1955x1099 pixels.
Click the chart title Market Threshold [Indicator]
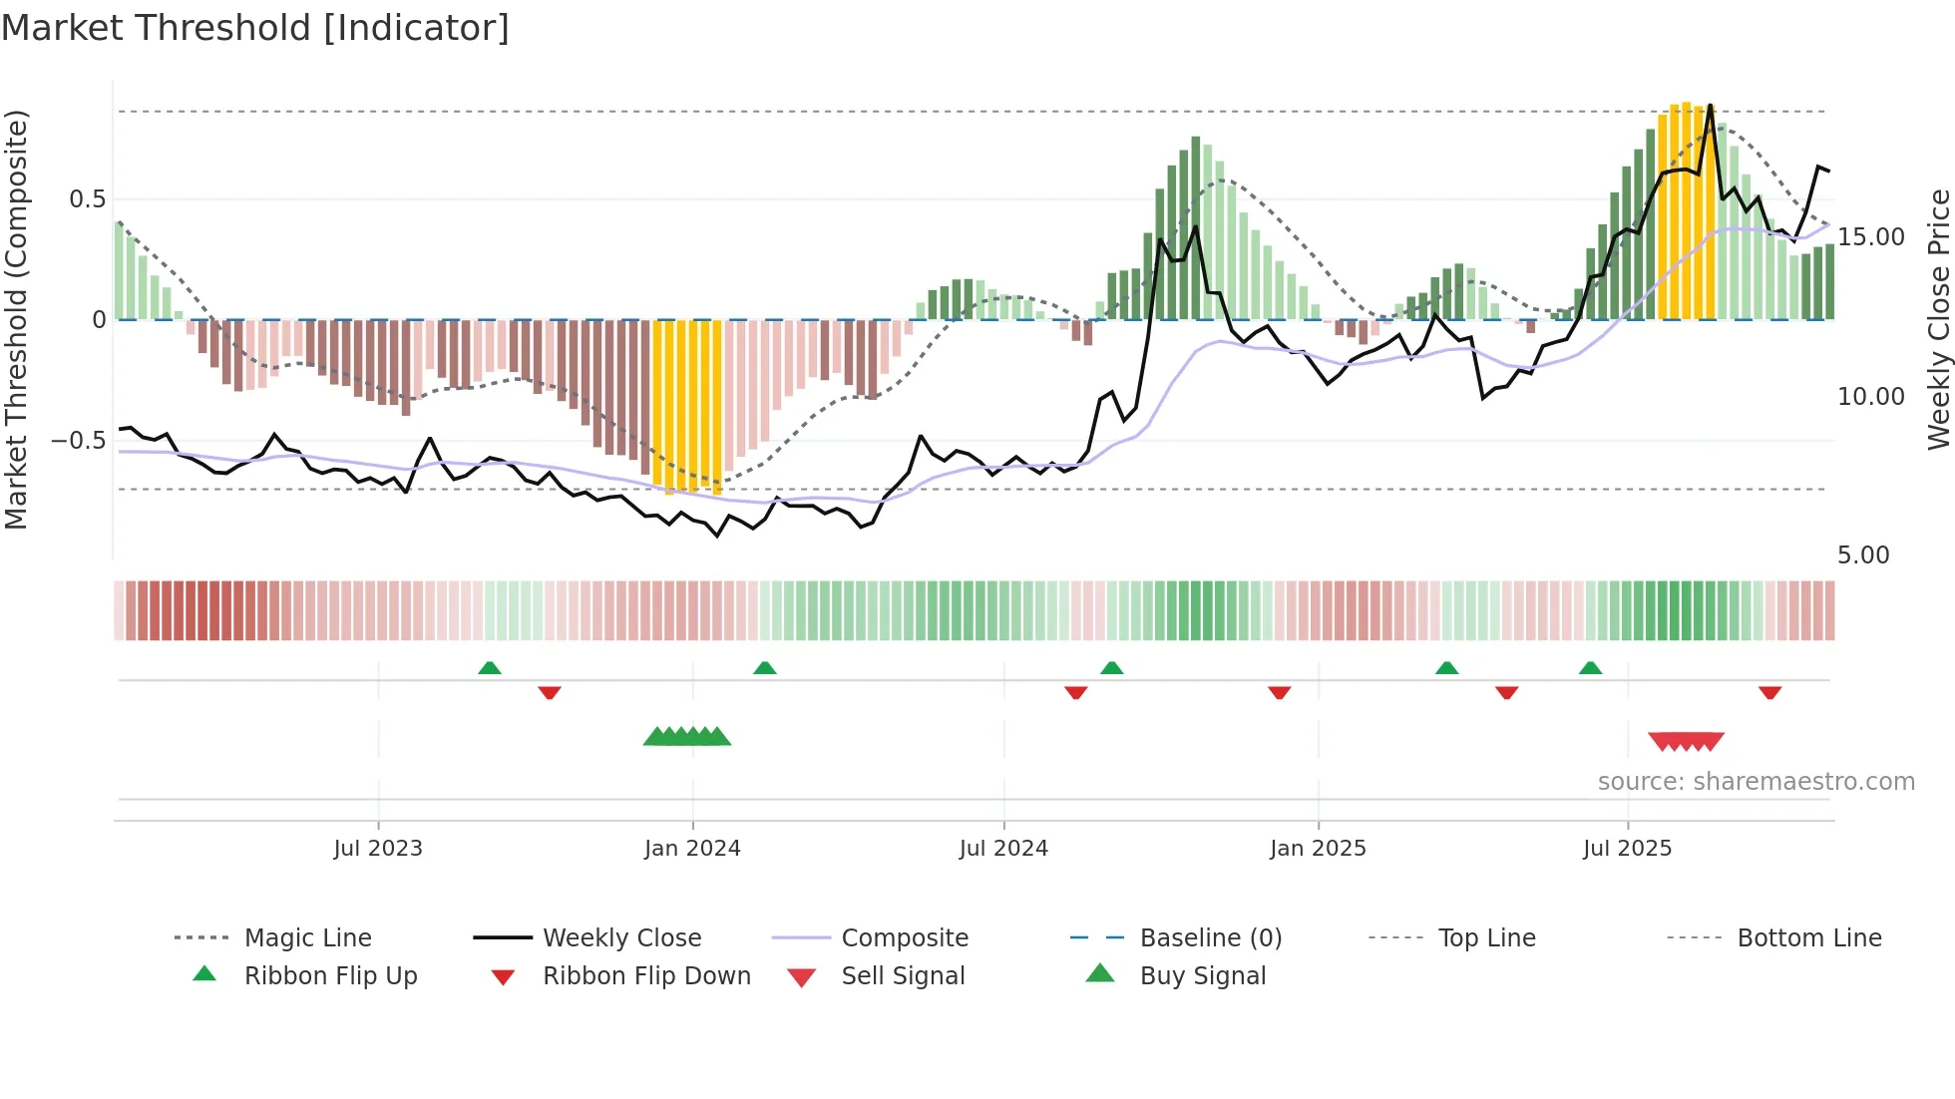tap(255, 28)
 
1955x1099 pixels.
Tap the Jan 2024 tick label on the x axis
tap(692, 849)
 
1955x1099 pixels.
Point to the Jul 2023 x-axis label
tap(378, 849)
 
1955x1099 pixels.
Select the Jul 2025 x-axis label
tap(1627, 849)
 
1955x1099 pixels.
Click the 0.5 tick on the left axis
tap(88, 199)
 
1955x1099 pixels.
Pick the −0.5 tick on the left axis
tap(79, 441)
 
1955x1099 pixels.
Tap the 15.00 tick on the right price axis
tap(1871, 237)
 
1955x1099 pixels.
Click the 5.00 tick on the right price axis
tap(1863, 555)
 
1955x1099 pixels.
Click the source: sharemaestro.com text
tap(1756, 782)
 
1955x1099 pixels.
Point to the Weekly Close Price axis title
tap(1938, 319)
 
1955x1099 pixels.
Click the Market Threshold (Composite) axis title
tap(16, 319)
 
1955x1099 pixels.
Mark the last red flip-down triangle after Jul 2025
tap(1770, 693)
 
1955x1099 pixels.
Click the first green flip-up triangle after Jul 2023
tap(490, 668)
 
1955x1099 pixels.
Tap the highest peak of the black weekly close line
tap(1710, 106)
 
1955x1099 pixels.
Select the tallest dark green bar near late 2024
tap(1195, 227)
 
